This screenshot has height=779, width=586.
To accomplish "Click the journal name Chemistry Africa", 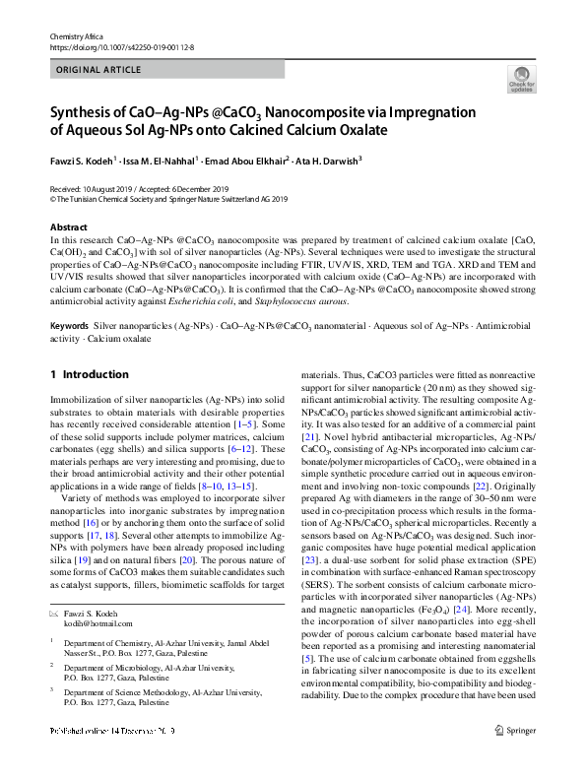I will [x=76, y=34].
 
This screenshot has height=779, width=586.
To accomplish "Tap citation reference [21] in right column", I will [x=308, y=463].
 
